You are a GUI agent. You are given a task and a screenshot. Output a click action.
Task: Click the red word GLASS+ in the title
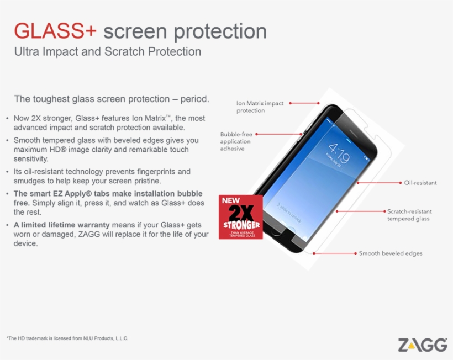pyautogui.click(x=55, y=30)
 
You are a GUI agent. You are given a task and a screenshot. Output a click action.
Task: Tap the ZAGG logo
pyautogui.click(x=423, y=345)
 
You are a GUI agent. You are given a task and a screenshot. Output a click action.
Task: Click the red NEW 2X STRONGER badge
pyautogui.click(x=241, y=217)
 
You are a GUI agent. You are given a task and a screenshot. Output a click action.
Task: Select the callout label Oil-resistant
pyautogui.click(x=420, y=183)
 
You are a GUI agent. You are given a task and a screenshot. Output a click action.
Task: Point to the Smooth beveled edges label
pyautogui.click(x=391, y=253)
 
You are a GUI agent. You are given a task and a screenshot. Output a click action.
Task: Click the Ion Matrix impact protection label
pyautogui.click(x=260, y=107)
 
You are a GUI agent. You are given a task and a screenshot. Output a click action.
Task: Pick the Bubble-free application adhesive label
pyautogui.click(x=236, y=141)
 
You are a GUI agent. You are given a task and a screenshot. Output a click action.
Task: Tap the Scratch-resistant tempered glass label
pyautogui.click(x=409, y=215)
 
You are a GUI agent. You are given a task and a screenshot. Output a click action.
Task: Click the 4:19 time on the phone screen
pyautogui.click(x=339, y=153)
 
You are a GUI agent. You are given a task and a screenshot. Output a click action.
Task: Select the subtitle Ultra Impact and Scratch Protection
pyautogui.click(x=108, y=52)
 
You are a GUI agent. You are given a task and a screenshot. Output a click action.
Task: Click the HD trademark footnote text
pyautogui.click(x=67, y=338)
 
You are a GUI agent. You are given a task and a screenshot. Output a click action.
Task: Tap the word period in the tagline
pyautogui.click(x=194, y=99)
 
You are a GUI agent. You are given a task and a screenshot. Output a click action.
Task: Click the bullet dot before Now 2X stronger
pyautogui.click(x=7, y=118)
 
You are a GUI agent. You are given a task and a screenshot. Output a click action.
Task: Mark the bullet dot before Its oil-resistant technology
pyautogui.click(x=7, y=172)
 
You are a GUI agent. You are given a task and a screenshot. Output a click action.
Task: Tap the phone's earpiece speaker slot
pyautogui.click(x=357, y=133)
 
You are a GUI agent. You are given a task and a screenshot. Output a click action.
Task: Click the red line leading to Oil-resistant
pyautogui.click(x=379, y=183)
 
